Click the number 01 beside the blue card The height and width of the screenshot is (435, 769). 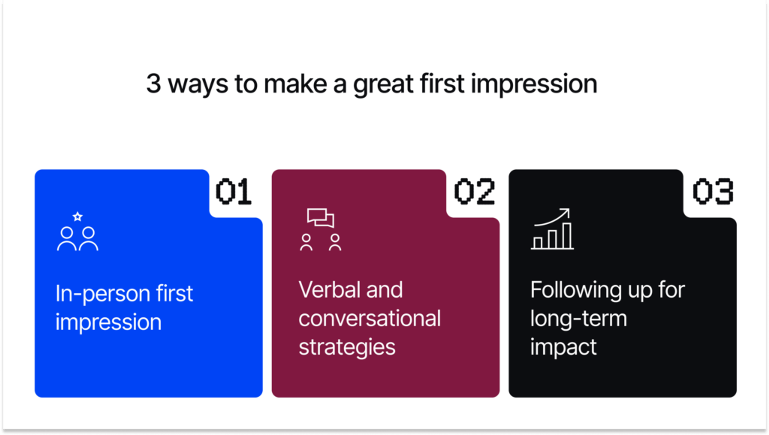point(234,192)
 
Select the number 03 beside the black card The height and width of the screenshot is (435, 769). point(713,192)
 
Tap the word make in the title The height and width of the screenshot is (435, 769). point(296,84)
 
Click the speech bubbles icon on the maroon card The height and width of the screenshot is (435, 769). point(321,218)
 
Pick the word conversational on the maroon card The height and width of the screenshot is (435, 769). point(369,318)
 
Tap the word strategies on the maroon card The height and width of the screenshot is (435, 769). point(347,347)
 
